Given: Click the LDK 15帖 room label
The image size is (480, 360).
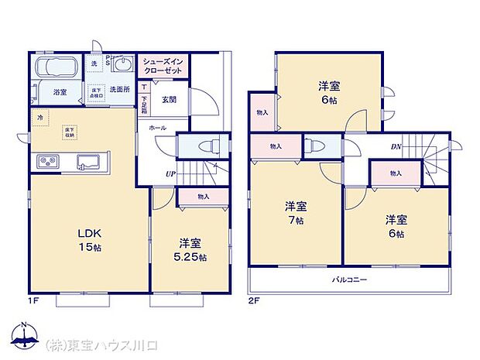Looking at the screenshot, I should (87, 240).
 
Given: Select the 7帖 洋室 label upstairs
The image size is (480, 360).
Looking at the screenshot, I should (295, 212).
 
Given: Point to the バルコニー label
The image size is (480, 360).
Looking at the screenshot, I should (350, 279).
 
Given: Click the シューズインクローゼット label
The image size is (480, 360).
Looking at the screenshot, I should (162, 66).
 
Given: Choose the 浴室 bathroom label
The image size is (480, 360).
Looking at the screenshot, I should (60, 91).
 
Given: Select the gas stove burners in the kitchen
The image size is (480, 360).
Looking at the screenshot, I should (49, 162).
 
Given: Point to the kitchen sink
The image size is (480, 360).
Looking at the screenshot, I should (87, 162).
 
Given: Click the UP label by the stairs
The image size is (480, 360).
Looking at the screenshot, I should (169, 174).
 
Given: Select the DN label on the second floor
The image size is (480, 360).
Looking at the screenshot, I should (395, 146).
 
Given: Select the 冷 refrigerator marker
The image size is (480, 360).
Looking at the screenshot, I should (39, 117).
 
